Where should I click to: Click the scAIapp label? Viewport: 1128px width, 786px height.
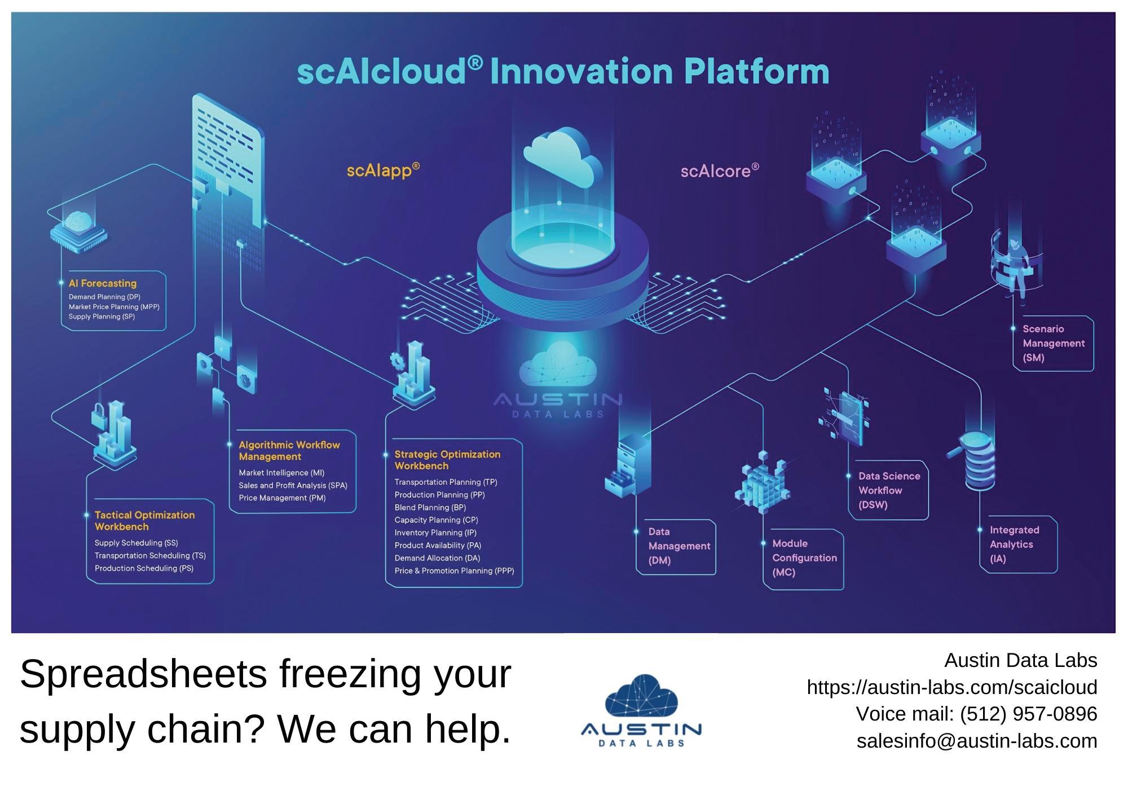[x=383, y=170]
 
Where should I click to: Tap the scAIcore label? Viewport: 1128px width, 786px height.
[x=719, y=171]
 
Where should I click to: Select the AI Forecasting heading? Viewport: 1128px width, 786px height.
[x=103, y=283]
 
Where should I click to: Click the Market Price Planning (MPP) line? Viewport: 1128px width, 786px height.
[x=114, y=307]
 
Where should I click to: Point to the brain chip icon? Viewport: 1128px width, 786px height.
[x=78, y=229]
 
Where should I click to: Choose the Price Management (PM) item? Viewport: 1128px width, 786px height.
[x=282, y=498]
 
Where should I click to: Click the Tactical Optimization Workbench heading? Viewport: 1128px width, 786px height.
[x=144, y=520]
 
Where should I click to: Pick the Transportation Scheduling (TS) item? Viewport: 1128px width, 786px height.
[x=150, y=556]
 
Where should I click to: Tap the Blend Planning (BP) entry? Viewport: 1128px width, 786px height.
[x=430, y=507]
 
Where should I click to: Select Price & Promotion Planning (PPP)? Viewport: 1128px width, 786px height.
[x=454, y=571]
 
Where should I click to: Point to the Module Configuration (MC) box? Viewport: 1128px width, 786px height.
[x=804, y=558]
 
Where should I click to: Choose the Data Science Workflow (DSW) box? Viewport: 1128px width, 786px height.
[x=888, y=490]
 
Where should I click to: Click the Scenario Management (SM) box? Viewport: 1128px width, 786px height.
[x=1053, y=343]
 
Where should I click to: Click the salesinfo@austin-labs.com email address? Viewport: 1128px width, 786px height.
[x=977, y=740]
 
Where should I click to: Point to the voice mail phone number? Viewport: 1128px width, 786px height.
[x=1028, y=714]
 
